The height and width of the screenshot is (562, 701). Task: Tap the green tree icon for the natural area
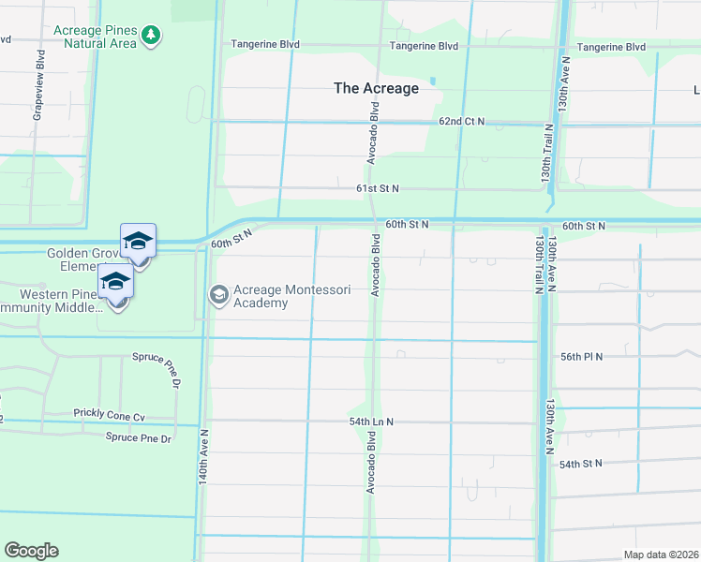click(152, 37)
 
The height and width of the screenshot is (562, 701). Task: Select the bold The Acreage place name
click(376, 89)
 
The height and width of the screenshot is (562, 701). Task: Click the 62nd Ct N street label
click(461, 122)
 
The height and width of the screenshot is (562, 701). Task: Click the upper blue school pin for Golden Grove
click(138, 242)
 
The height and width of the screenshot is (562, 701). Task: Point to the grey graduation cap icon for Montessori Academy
click(219, 295)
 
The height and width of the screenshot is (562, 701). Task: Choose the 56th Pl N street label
click(607, 357)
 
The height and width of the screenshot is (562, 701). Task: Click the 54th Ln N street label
click(371, 422)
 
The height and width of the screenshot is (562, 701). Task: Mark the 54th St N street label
click(581, 464)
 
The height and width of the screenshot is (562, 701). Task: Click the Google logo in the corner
click(31, 550)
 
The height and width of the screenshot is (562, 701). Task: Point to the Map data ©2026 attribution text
click(660, 555)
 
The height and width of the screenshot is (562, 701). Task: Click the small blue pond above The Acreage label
click(432, 81)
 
